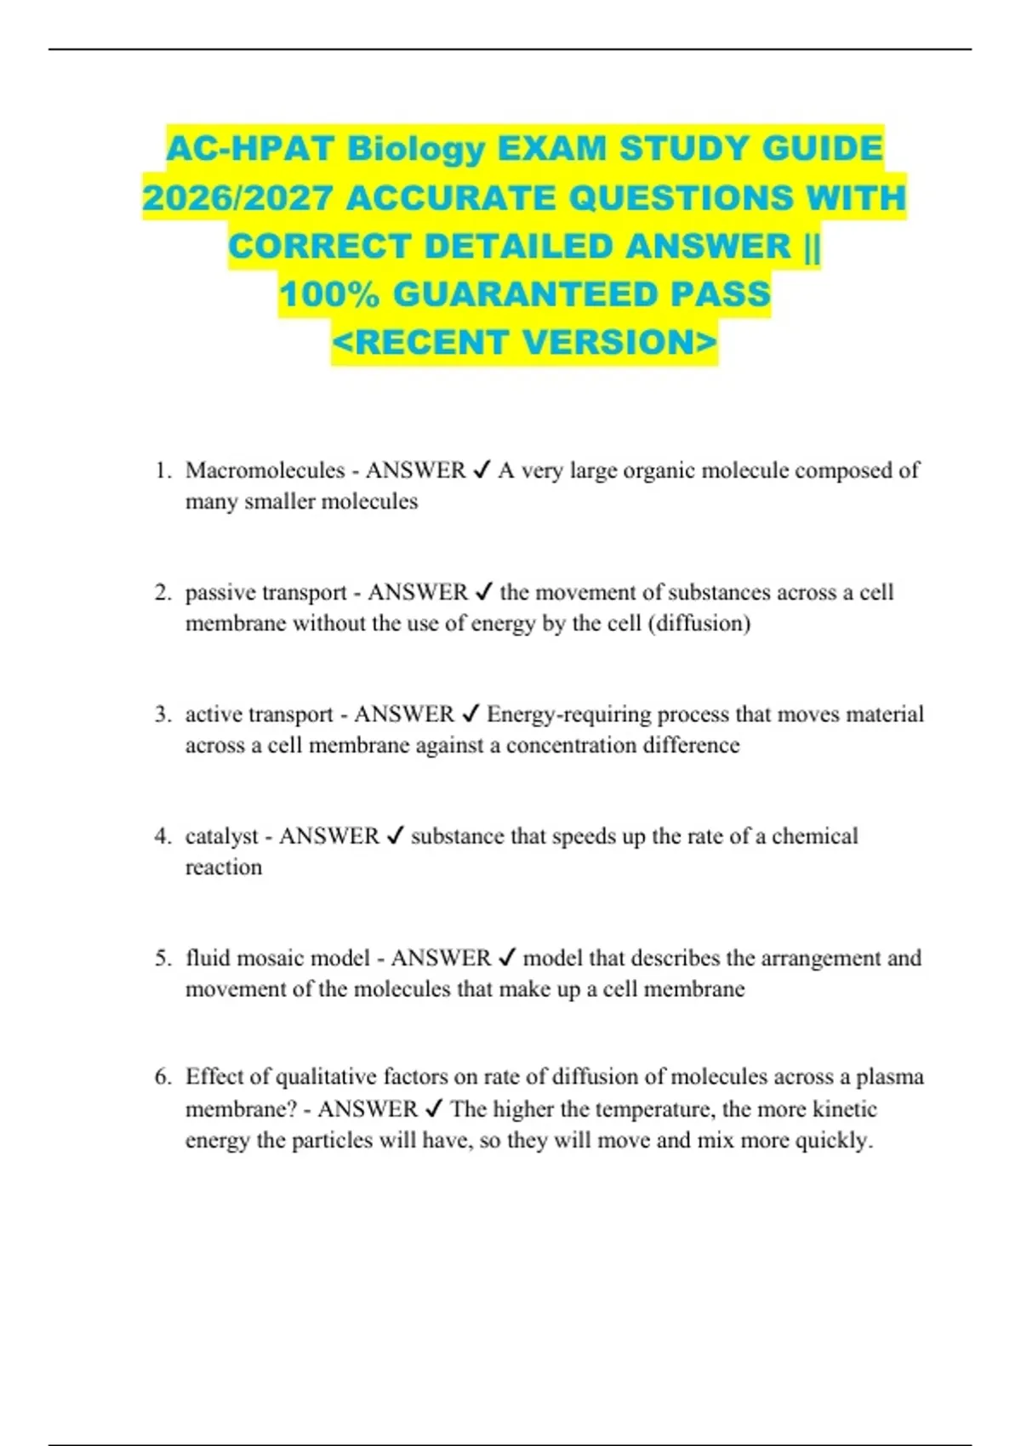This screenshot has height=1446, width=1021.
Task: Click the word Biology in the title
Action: coord(416,150)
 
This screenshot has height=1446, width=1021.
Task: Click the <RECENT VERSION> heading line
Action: coord(524,342)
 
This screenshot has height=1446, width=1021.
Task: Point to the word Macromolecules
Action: coord(265,470)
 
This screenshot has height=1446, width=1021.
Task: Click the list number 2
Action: coord(163,592)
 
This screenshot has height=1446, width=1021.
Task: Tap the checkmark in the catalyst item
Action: coord(395,836)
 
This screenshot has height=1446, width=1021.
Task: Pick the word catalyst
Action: coord(221,836)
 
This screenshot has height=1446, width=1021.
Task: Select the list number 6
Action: coord(163,1077)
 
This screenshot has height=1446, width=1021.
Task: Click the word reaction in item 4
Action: coord(224,868)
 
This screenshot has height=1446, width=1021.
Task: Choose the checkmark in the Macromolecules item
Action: coord(482,470)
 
